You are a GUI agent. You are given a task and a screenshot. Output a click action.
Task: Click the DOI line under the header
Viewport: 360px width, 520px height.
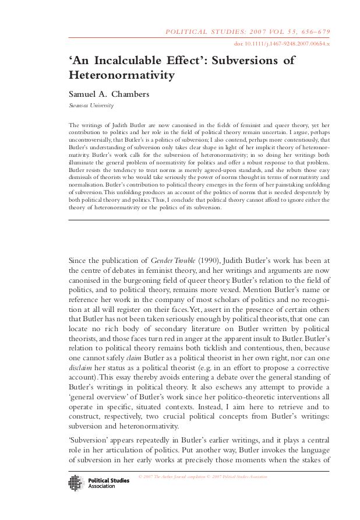(282, 44)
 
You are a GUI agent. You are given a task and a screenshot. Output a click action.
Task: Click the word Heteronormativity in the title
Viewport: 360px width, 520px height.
(122, 75)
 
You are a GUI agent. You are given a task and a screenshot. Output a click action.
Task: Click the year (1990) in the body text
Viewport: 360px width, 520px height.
(213, 260)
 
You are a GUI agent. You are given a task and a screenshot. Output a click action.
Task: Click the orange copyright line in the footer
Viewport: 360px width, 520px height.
(203, 477)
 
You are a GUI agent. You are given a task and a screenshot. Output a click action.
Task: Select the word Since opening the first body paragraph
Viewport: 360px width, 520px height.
(80, 260)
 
